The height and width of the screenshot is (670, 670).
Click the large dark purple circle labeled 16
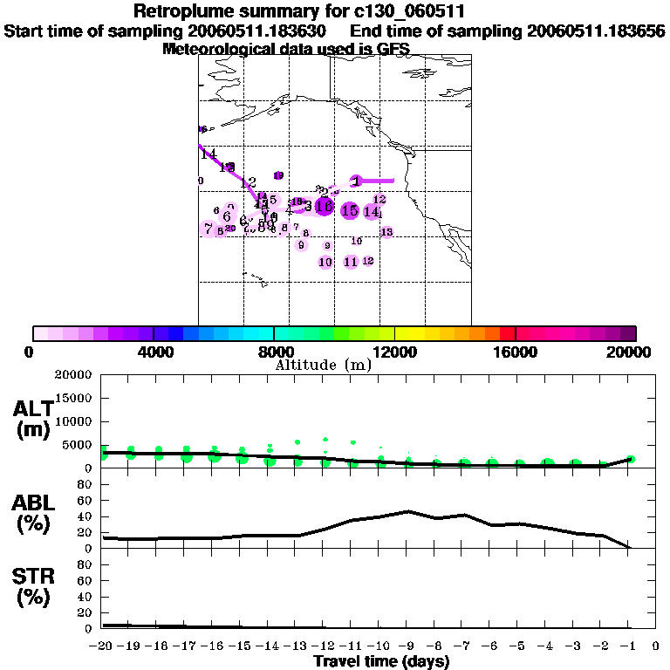pos(325,207)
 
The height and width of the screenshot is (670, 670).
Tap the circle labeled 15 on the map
pos(351,210)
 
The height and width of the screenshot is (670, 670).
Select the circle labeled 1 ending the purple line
pos(357,181)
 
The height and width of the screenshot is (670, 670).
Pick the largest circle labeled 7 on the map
pos(209,229)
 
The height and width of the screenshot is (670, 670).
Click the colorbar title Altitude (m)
pos(323,365)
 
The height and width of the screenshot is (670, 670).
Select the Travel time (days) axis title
pos(380,661)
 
